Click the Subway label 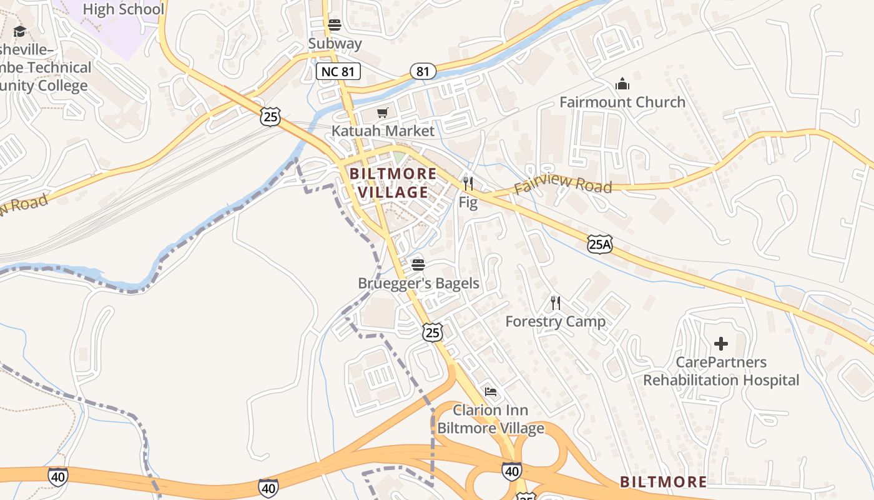(335, 43)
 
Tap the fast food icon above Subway (335, 25)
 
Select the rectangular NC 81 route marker (338, 71)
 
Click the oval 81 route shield (423, 71)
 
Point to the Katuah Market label (382, 131)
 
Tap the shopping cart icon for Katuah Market (382, 112)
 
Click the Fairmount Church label (622, 102)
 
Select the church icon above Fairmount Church (622, 84)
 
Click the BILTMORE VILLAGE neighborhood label (393, 182)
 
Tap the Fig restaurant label (468, 202)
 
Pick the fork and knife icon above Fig (468, 184)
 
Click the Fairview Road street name (562, 184)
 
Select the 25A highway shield (599, 244)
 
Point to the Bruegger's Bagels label (418, 283)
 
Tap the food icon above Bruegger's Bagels (418, 265)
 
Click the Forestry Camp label (555, 321)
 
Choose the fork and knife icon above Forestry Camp (555, 303)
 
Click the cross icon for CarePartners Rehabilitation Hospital (721, 344)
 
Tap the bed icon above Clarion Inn (491, 392)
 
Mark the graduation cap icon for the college (20, 31)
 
